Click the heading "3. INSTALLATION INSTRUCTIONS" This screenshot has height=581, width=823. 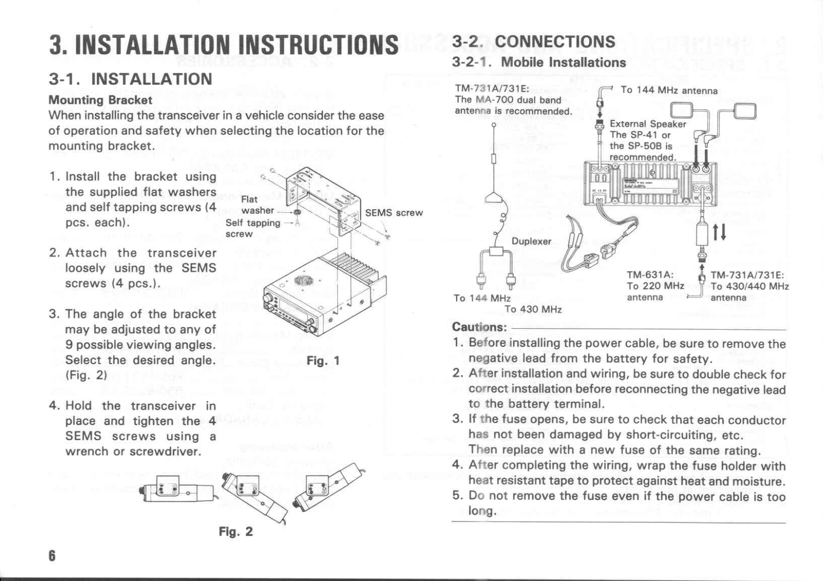pyautogui.click(x=223, y=45)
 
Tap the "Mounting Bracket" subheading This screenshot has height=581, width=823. pyautogui.click(x=100, y=100)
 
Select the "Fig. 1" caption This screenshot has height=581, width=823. pyautogui.click(x=323, y=361)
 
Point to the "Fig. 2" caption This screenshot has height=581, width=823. pyautogui.click(x=236, y=532)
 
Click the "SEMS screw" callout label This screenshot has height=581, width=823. pyautogui.click(x=394, y=213)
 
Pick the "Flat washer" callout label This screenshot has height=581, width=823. pyautogui.click(x=257, y=205)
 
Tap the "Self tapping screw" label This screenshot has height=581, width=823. pyautogui.click(x=252, y=228)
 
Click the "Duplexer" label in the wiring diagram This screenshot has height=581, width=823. pyautogui.click(x=531, y=241)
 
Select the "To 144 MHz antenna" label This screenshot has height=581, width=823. pyautogui.click(x=669, y=91)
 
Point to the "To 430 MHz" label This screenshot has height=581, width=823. pyautogui.click(x=533, y=310)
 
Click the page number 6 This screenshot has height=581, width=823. pyautogui.click(x=52, y=556)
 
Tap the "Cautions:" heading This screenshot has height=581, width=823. pyautogui.click(x=479, y=327)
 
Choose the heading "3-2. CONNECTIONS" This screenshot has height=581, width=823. pyautogui.click(x=533, y=42)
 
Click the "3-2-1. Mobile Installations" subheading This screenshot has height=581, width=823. pyautogui.click(x=538, y=63)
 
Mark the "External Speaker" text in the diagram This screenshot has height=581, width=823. pyautogui.click(x=648, y=124)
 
